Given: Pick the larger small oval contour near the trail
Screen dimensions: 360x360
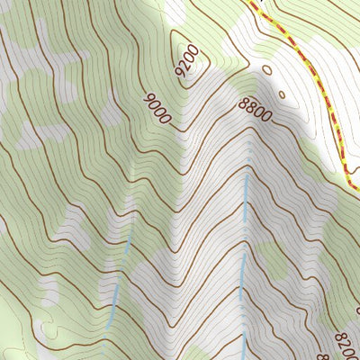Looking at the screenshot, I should click(266, 70).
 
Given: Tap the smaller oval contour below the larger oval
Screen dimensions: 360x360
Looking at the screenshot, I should click(282, 93).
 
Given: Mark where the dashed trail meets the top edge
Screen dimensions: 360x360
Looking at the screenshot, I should click(250, 2).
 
